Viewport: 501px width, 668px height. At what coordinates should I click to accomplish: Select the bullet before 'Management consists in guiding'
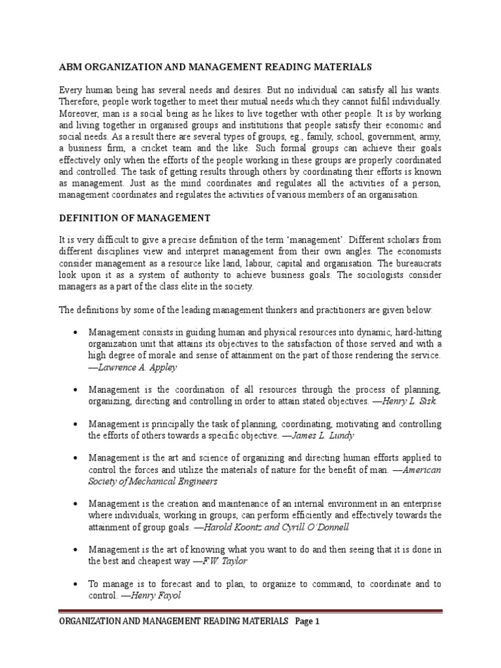[x=76, y=333]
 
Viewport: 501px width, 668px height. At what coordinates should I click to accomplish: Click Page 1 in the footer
[x=307, y=622]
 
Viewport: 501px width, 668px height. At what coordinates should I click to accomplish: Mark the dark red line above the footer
[x=250, y=611]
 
